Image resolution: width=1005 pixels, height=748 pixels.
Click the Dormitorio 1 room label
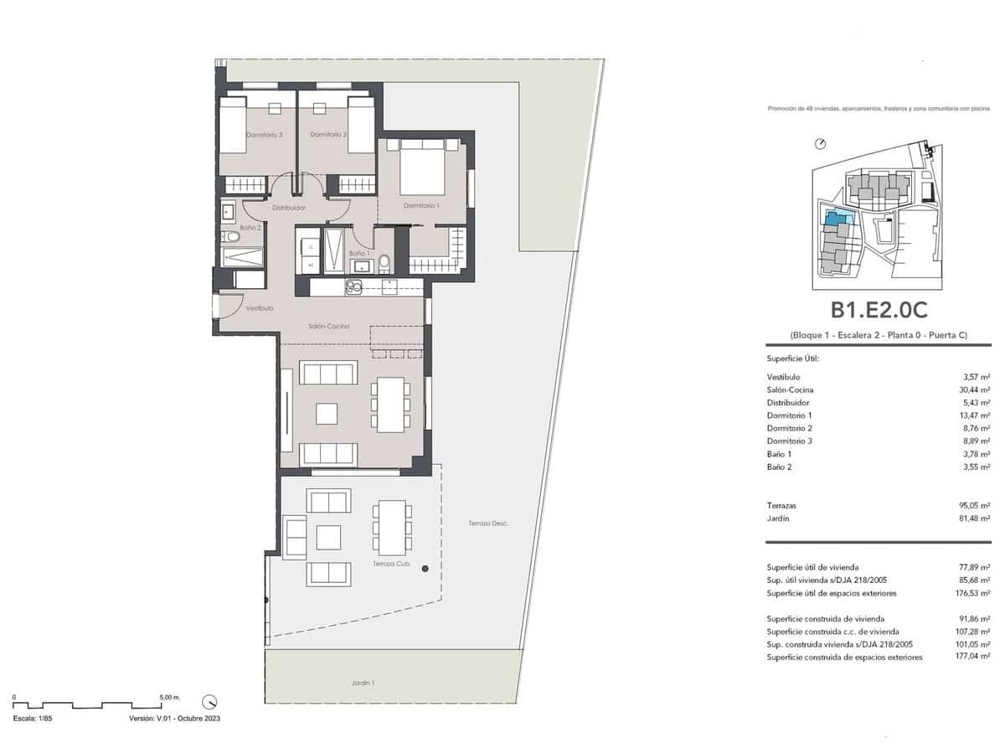pyautogui.click(x=420, y=205)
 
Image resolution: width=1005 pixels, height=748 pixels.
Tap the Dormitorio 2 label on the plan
pyautogui.click(x=328, y=135)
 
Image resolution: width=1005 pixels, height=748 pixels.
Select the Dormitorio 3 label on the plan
pyautogui.click(x=264, y=135)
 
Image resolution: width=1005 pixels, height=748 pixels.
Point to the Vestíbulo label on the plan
pyautogui.click(x=260, y=308)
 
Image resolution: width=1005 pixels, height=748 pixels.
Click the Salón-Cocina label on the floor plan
pyautogui.click(x=328, y=326)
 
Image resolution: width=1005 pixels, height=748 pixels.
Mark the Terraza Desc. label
pyautogui.click(x=488, y=524)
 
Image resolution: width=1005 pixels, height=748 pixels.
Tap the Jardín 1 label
pyautogui.click(x=363, y=683)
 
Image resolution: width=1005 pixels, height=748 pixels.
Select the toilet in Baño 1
pyautogui.click(x=384, y=264)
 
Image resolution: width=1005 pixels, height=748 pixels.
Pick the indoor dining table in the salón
pyautogui.click(x=391, y=405)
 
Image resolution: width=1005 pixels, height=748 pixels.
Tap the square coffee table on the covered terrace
pyautogui.click(x=328, y=537)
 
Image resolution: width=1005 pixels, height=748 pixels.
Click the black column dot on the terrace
pyautogui.click(x=425, y=569)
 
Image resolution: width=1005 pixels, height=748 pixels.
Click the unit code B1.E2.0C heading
pyautogui.click(x=879, y=310)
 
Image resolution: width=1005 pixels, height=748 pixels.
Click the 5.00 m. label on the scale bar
pyautogui.click(x=169, y=697)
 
